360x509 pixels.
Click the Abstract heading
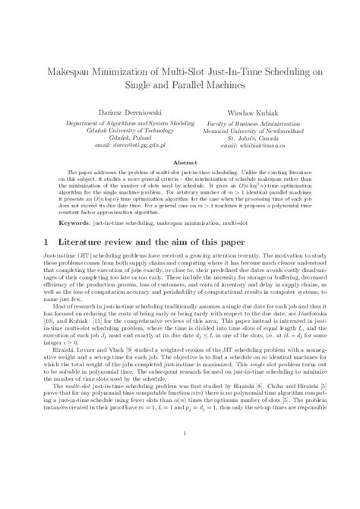[180, 163]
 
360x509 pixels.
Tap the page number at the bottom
[180, 477]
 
